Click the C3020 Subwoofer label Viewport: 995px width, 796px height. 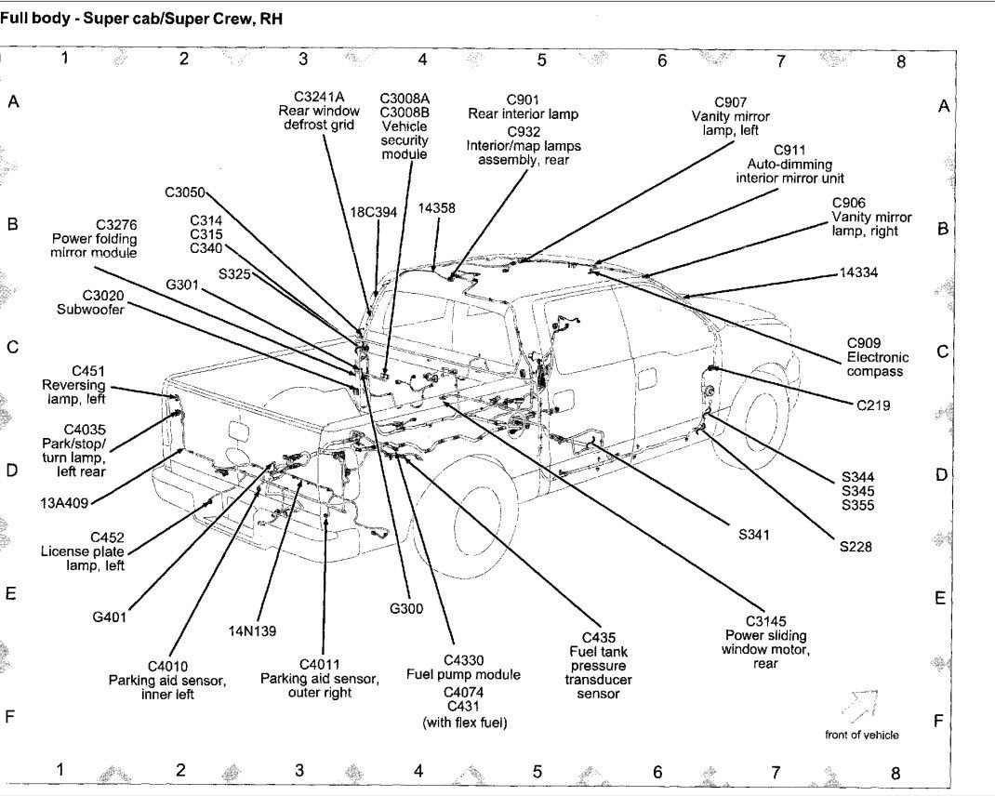(x=89, y=302)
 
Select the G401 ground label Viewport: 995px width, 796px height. (x=109, y=615)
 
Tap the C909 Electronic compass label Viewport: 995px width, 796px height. (x=877, y=357)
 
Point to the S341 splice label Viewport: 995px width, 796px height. (x=757, y=535)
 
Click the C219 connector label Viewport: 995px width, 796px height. (x=873, y=405)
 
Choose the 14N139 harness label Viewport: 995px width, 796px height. (x=251, y=630)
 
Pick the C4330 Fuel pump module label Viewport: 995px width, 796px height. (x=463, y=667)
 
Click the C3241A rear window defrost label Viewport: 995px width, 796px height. (x=317, y=111)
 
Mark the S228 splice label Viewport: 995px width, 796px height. (x=855, y=547)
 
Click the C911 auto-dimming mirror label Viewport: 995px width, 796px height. (x=789, y=164)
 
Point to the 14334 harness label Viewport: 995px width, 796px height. (x=858, y=272)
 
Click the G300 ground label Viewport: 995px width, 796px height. (x=406, y=609)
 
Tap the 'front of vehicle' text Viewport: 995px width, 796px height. (x=861, y=735)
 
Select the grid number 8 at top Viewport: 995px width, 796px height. (x=900, y=62)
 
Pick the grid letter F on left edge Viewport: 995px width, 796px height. (x=10, y=718)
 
